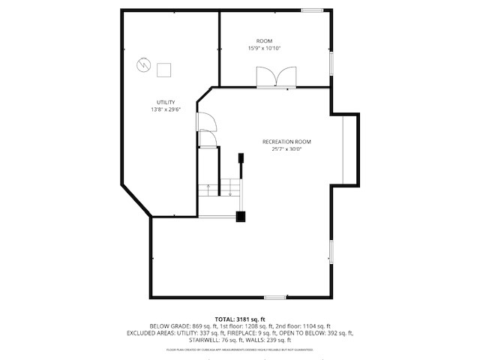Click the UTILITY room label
click(x=166, y=102)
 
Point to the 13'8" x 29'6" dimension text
click(x=166, y=110)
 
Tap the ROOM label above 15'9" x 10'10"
click(x=264, y=40)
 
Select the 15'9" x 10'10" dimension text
click(x=264, y=49)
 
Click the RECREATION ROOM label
click(x=286, y=142)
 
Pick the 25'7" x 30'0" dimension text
click(x=286, y=149)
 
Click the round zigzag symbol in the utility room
click(x=142, y=65)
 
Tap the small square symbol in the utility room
click(x=164, y=70)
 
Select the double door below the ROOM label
click(x=273, y=78)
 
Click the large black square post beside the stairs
click(x=241, y=217)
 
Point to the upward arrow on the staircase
click(x=208, y=190)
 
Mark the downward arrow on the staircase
click(x=229, y=190)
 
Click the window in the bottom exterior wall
click(x=275, y=298)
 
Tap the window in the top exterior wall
click(x=312, y=10)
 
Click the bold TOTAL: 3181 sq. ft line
click(x=240, y=319)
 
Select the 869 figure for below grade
click(x=198, y=325)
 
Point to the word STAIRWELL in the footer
click(x=213, y=339)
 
